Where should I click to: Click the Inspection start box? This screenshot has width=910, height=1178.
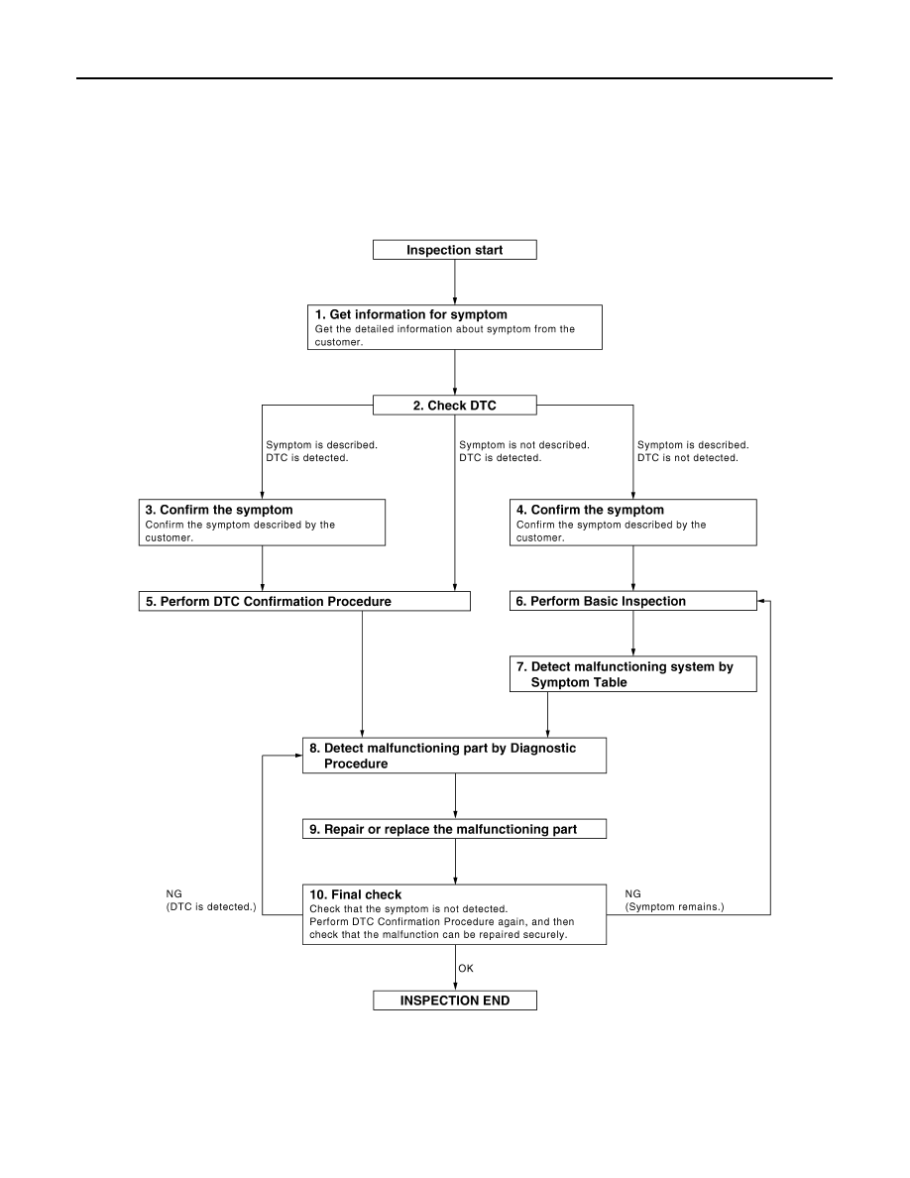point(454,250)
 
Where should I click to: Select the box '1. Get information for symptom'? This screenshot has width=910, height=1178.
point(454,327)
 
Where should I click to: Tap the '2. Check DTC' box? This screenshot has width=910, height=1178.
point(454,405)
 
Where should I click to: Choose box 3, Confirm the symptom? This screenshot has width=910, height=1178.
point(262,523)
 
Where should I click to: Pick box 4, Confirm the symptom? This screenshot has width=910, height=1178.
point(633,523)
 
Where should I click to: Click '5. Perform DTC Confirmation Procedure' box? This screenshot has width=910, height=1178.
point(304,601)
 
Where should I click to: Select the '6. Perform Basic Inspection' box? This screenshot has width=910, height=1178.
point(633,601)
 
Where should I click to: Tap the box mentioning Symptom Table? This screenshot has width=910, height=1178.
point(633,674)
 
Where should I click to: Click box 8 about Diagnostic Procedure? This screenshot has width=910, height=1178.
point(454,755)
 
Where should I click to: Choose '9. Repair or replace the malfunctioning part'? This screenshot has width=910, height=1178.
point(454,829)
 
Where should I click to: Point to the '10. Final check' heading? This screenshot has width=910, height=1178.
point(355,894)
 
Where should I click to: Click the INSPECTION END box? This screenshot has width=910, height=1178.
point(454,1000)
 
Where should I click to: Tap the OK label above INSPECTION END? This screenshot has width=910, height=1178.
point(466,969)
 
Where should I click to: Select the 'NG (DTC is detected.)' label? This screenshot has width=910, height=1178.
point(211,900)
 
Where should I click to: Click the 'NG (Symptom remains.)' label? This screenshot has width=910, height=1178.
point(674,900)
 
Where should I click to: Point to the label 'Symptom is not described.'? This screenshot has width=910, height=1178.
point(524,445)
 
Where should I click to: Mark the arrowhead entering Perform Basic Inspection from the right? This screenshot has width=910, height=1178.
point(761,601)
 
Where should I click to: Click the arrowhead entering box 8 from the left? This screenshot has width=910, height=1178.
point(298,755)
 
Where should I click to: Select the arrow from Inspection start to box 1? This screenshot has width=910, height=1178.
point(454,283)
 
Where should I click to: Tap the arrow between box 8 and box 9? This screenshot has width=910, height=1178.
point(455,796)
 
